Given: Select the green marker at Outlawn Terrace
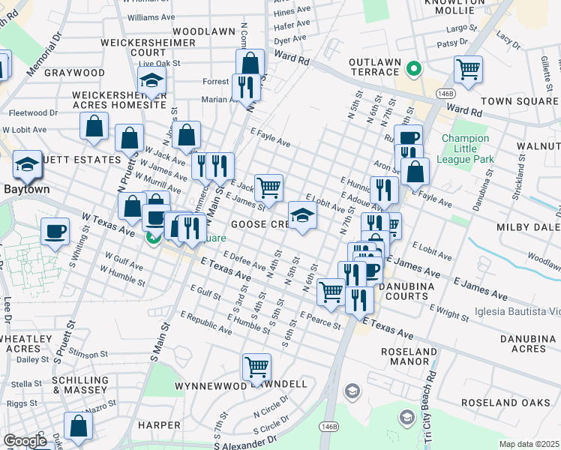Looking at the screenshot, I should [412, 70].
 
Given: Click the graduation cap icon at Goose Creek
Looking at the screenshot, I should [302, 216].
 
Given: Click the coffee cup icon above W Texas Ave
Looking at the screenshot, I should [55, 231].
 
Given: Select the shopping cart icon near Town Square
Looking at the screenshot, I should [468, 70].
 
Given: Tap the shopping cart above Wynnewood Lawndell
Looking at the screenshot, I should [256, 367].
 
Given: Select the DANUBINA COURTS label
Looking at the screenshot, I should [407, 292].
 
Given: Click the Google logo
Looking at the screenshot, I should [25, 441].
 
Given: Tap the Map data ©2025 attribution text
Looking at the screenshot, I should [529, 444].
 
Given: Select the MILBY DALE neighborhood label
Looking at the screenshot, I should [528, 226].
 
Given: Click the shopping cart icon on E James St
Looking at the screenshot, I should [268, 187].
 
